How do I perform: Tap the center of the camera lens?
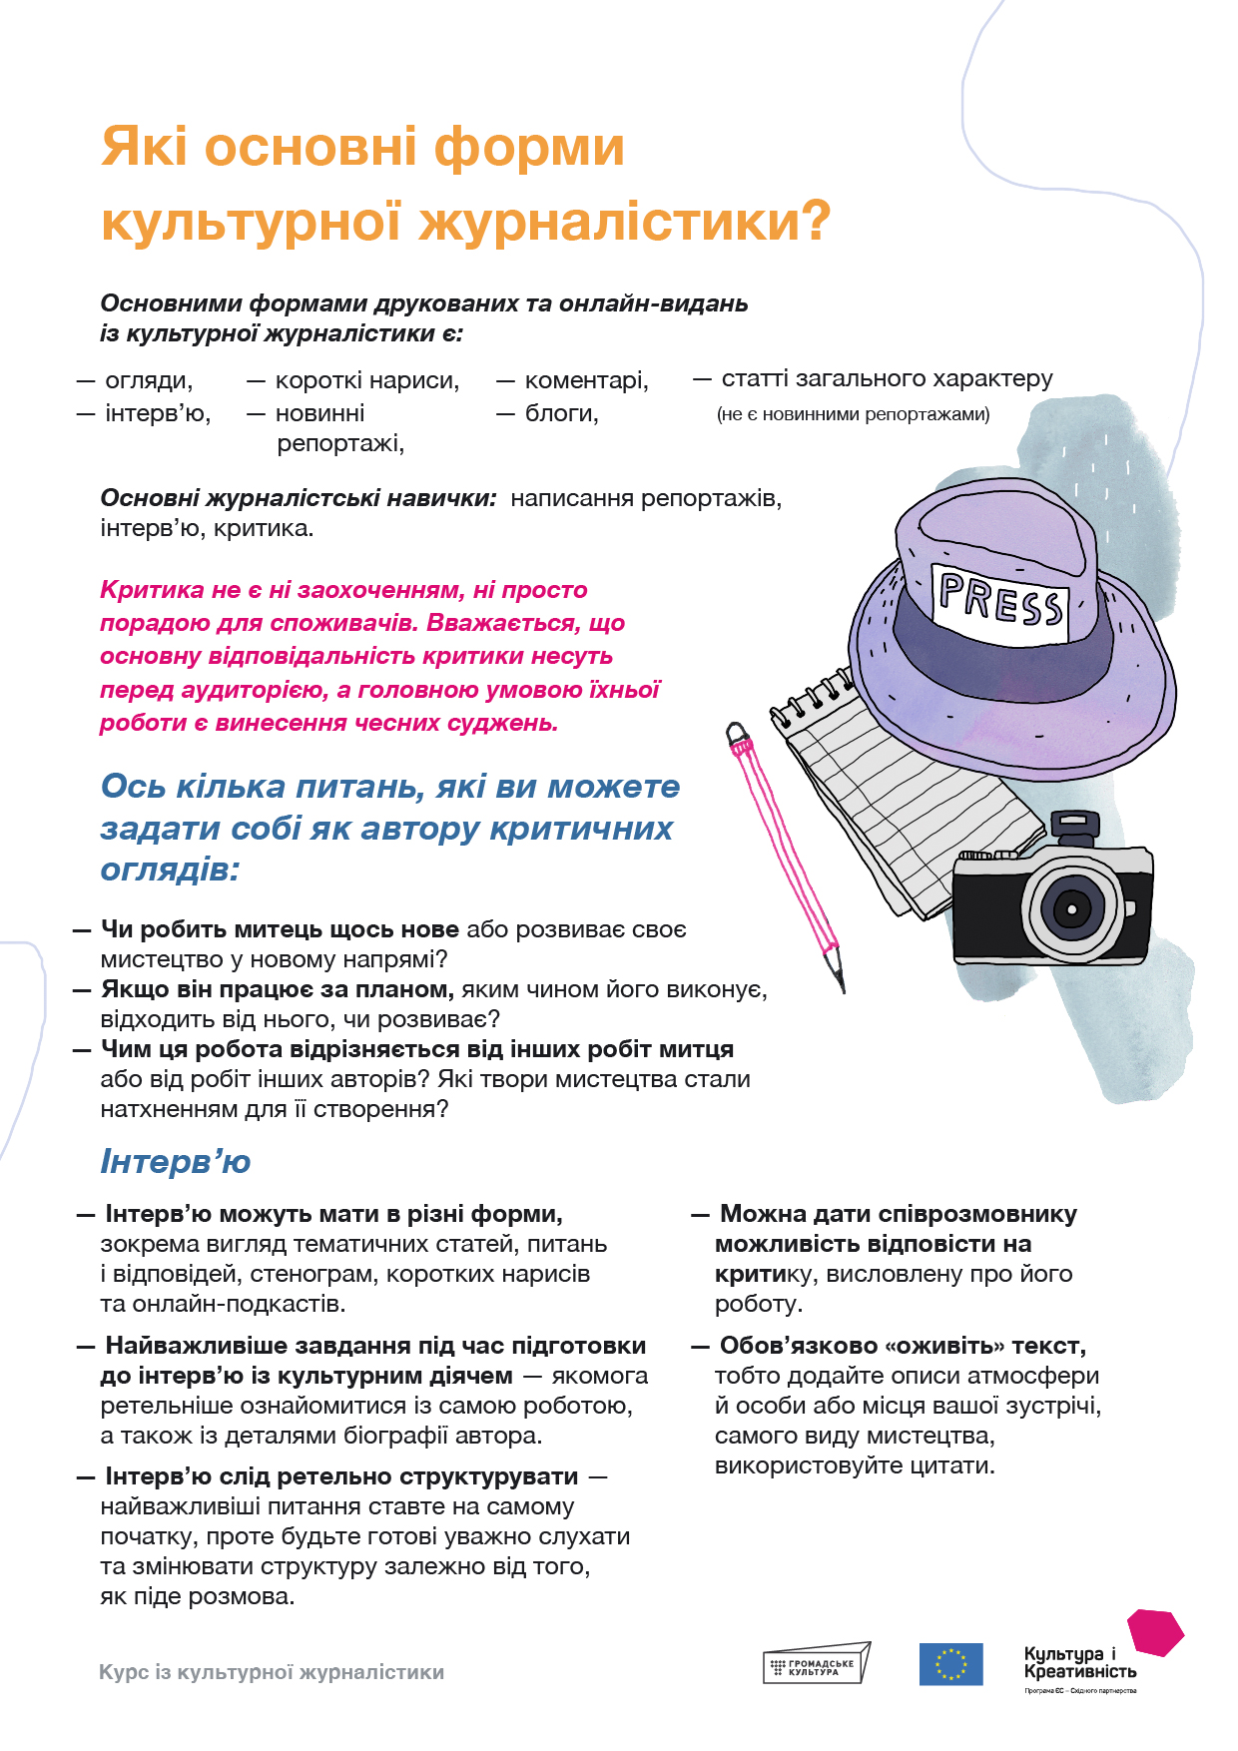click(x=1071, y=909)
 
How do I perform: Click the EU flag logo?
click(x=950, y=1664)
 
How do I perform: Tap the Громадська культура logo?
click(x=816, y=1664)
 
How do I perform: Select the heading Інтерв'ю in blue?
click(x=176, y=1161)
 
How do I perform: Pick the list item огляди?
click(x=149, y=380)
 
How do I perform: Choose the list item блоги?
click(x=561, y=413)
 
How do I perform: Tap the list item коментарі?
click(x=586, y=380)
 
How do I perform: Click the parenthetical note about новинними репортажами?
click(x=853, y=414)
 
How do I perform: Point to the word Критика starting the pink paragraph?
click(x=152, y=590)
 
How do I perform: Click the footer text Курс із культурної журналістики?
click(x=272, y=1672)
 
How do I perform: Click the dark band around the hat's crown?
click(x=998, y=654)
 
